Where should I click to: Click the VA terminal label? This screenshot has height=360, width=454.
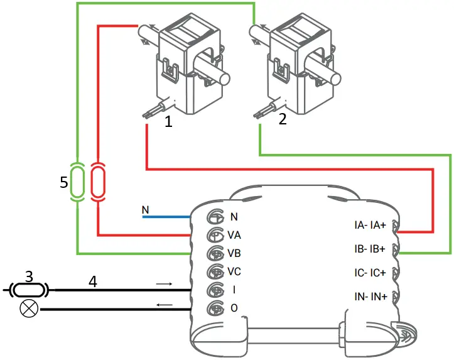[x=234, y=236]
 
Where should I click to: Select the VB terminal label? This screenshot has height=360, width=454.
[x=234, y=254]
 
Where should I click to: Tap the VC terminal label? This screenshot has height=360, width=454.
[x=234, y=272]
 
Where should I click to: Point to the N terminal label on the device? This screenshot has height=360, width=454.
[x=234, y=217]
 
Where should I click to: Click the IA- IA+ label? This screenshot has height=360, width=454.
[x=370, y=225]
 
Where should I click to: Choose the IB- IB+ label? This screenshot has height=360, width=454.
[x=370, y=249]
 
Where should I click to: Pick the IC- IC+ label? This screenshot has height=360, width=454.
[x=370, y=273]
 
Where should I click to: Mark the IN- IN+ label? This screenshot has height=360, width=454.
[x=370, y=296]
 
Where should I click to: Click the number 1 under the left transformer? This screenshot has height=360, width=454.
[x=168, y=122]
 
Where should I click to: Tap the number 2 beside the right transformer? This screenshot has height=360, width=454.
[x=283, y=119]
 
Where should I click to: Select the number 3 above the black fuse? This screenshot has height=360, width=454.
[x=28, y=276]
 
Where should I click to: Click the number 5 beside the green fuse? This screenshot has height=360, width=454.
[x=63, y=183]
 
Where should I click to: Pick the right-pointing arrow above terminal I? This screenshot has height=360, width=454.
[x=164, y=284]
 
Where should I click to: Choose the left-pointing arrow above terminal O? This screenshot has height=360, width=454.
[x=164, y=305]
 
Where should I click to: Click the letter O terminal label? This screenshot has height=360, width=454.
[x=234, y=308]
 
